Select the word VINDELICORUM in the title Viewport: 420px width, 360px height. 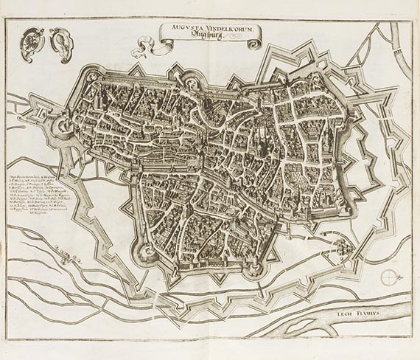[x=228, y=27]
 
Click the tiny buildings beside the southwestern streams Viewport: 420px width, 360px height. [x=74, y=257]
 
